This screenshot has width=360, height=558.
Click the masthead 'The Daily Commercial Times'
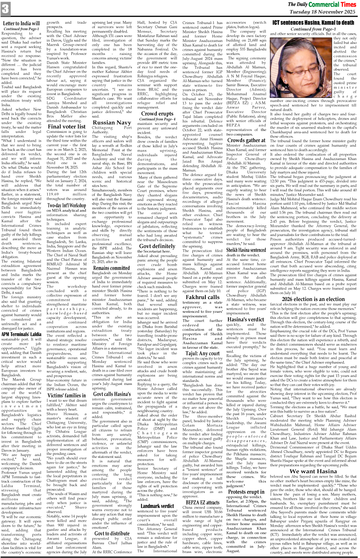[321, 4]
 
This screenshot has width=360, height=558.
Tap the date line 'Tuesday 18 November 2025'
[322, 12]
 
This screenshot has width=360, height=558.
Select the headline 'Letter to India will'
[21, 24]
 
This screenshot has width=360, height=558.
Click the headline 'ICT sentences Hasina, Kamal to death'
[313, 23]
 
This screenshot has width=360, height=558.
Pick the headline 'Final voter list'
[67, 126]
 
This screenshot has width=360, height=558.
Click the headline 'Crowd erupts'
[157, 113]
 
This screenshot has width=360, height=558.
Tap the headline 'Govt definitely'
[157, 246]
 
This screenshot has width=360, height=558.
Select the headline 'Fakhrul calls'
[202, 297]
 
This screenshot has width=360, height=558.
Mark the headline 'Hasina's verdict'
[246, 319]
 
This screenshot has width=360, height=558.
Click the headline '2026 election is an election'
[313, 299]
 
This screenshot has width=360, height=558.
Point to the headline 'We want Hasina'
[313, 471]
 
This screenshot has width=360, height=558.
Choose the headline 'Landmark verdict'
[157, 506]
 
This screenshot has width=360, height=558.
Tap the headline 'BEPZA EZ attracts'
[202, 502]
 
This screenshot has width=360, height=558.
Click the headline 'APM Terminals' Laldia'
[21, 334]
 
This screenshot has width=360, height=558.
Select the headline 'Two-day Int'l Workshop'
[67, 205]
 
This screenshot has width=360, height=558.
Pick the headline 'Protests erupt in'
[246, 492]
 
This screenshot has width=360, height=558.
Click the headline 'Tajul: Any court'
[202, 353]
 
